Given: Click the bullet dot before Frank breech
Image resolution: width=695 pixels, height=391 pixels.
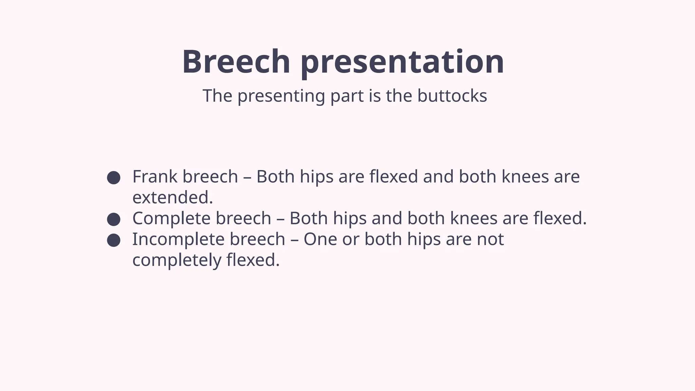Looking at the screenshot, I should coord(113,178).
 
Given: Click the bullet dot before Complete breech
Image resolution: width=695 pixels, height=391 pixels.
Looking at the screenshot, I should coord(113,219).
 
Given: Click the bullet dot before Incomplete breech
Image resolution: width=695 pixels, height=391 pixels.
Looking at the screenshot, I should coord(113,240).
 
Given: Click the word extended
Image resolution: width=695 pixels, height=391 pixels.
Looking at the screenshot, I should coord(172,198).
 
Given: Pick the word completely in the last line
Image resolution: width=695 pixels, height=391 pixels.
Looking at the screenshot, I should coord(176,260).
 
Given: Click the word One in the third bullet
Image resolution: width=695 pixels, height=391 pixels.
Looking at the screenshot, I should coord(320,239).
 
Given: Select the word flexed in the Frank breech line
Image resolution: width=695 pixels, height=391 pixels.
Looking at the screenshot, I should coord(394,176).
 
